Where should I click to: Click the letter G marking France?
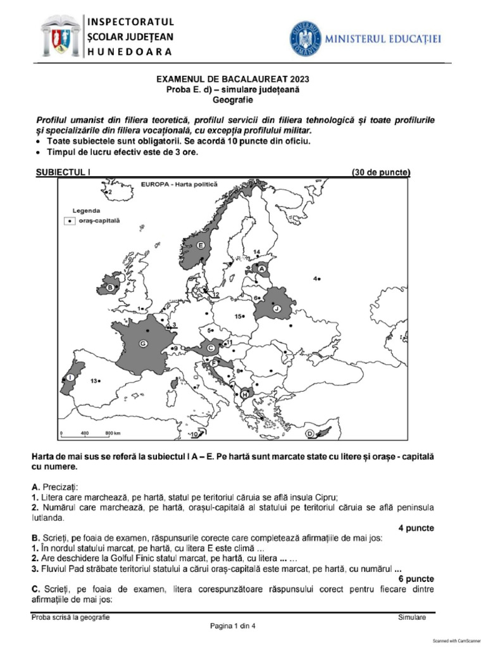point(143,343)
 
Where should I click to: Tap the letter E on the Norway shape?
point(201,245)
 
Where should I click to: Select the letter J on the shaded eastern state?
point(277,308)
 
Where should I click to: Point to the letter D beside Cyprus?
point(310,433)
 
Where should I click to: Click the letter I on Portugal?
point(70,377)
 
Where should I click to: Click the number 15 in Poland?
point(239,316)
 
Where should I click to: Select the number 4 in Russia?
point(315,278)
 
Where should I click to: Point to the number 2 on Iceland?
point(109,191)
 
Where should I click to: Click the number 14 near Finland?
point(256,253)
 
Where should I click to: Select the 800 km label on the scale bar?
point(113,433)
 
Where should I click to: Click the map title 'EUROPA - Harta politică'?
point(178,184)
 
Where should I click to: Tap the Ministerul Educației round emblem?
point(306,39)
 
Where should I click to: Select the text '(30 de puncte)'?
point(380,171)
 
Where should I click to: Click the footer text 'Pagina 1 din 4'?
point(233,626)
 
